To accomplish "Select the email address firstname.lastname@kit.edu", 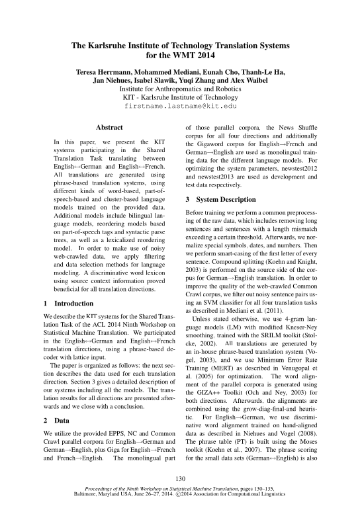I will [180, 105].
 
